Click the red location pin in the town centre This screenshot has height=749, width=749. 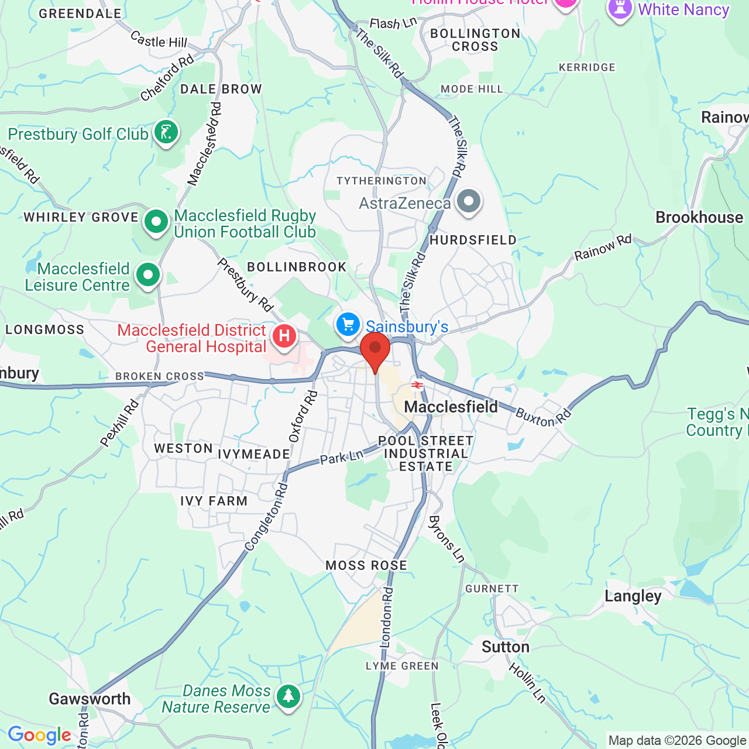point(375,349)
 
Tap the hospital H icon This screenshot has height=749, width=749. point(284,336)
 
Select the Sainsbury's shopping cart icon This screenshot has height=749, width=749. point(348,324)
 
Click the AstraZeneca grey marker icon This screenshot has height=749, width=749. point(468,201)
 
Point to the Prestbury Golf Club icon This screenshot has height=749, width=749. point(166,132)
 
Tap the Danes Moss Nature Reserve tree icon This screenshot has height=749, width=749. point(288,696)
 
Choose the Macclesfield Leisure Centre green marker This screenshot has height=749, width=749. point(148,274)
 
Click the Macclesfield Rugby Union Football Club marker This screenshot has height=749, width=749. point(156,222)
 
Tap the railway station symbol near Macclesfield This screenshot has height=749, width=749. point(417,384)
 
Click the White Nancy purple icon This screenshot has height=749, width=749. point(620,9)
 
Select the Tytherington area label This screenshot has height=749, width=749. point(382,181)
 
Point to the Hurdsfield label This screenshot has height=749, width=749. point(473,240)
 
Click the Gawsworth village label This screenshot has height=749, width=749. point(90,699)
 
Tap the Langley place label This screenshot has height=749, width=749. point(633,596)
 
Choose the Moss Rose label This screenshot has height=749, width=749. point(366,565)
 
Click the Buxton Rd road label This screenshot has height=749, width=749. point(543,417)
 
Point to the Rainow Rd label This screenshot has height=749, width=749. point(603,248)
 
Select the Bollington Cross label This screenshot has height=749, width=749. point(475,40)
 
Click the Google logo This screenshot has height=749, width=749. point(39,735)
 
